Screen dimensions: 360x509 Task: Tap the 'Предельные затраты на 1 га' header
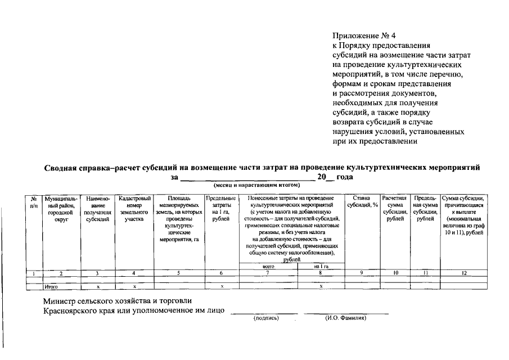click(x=221, y=209)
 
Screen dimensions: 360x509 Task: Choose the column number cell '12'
click(x=464, y=273)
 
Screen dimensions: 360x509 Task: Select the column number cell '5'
click(x=178, y=273)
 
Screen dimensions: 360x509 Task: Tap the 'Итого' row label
click(x=51, y=286)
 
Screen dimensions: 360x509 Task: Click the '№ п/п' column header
click(x=34, y=202)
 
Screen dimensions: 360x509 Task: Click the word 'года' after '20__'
click(x=345, y=177)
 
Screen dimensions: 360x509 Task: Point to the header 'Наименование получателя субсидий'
click(x=97, y=209)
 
